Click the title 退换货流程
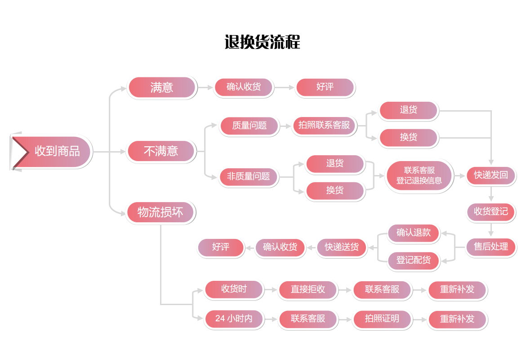pos(262,42)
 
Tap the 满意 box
pos(162,87)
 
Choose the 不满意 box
pos(161,151)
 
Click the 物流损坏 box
pos(160,212)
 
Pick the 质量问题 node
pos(249,126)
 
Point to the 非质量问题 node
pos(249,177)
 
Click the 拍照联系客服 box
pos(324,126)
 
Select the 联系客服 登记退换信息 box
pos(419,175)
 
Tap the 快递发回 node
pos(491,175)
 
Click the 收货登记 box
pos(491,211)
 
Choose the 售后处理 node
pos(491,247)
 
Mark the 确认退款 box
pos(414,233)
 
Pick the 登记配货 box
pos(414,260)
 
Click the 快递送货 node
pos(342,247)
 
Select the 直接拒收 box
pos(308,289)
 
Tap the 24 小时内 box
pos(234,319)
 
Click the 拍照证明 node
pos(382,319)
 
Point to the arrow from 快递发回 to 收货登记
pos(491,193)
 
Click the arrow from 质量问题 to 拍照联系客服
pos(285,126)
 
